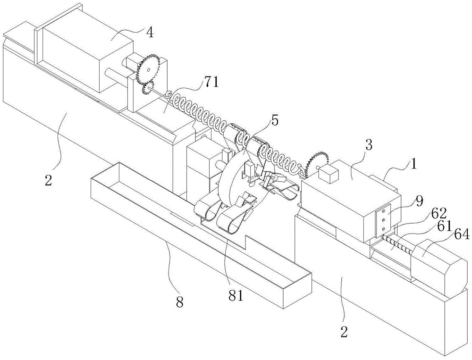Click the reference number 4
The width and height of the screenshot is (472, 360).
pos(150,33)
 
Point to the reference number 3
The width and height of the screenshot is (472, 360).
pos(369,145)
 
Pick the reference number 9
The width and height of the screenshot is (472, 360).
pos(420,200)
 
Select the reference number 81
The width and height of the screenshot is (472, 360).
pos(236,296)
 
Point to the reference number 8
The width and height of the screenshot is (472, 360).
pos(180,302)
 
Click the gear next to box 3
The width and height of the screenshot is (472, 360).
pos(316,165)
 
